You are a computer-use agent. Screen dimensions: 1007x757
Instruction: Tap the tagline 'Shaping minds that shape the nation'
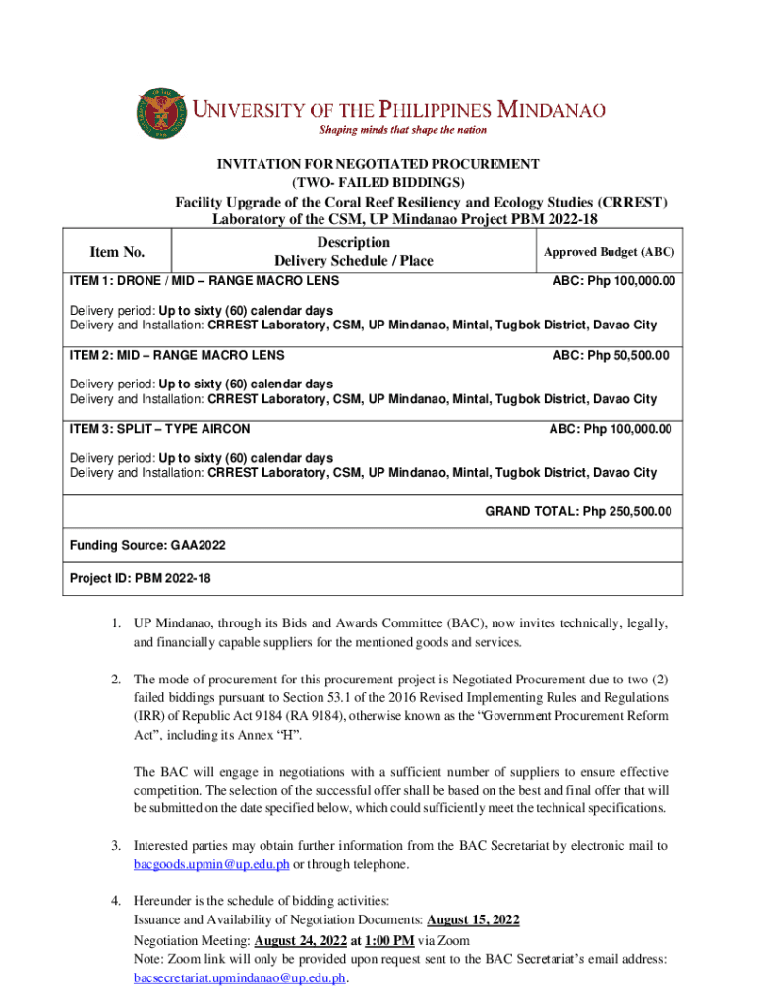(x=401, y=130)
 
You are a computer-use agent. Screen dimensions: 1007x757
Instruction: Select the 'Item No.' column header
(x=117, y=252)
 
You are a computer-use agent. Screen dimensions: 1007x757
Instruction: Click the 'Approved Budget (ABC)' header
(x=609, y=253)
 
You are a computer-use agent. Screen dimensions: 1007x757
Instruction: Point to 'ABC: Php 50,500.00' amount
(x=611, y=355)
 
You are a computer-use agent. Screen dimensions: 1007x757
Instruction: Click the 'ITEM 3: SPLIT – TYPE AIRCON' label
(x=159, y=429)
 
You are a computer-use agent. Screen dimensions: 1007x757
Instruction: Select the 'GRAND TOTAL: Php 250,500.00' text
(x=578, y=511)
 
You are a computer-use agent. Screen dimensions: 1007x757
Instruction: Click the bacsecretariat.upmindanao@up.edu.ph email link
(x=241, y=978)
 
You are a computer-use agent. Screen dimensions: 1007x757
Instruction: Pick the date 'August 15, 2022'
(x=474, y=919)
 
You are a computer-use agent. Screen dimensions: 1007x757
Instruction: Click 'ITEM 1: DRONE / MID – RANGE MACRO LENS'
(x=204, y=281)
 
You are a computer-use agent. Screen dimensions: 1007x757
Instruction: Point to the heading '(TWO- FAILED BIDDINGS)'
(x=378, y=182)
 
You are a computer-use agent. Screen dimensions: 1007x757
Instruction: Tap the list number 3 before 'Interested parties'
(x=115, y=845)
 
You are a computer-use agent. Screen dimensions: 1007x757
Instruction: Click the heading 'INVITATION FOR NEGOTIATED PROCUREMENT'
(x=378, y=164)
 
